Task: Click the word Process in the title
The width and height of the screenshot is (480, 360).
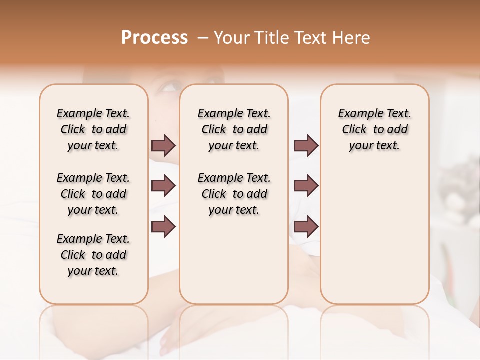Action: coord(154,38)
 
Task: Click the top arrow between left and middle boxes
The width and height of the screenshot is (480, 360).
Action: coord(163,146)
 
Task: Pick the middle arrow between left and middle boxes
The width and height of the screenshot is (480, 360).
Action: coord(163,186)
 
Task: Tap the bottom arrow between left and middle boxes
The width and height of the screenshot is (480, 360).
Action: coord(163,227)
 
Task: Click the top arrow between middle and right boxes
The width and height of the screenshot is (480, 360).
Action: coord(306,146)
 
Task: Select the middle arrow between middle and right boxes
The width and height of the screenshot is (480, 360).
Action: coord(306,186)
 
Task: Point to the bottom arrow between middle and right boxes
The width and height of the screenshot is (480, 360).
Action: coord(306,227)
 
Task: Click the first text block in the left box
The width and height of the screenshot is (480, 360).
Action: coord(93,130)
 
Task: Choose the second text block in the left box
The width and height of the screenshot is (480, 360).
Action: coord(93,194)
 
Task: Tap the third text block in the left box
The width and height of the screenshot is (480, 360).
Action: coord(93,255)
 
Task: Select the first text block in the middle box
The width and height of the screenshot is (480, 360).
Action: coord(234,130)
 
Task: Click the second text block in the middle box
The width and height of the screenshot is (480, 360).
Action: coord(234,194)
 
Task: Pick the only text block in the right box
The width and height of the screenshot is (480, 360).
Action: coord(375,130)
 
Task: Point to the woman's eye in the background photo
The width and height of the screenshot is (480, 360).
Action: coord(171,87)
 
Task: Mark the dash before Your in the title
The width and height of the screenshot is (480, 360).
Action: coord(202,38)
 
